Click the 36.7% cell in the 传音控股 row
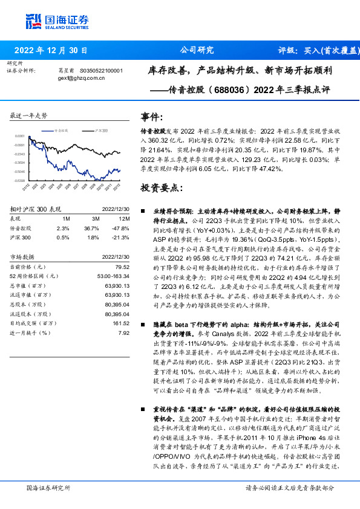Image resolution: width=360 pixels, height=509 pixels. (x=91, y=228)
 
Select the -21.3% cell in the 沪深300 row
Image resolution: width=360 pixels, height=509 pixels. (x=122, y=238)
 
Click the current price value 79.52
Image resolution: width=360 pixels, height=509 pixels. (x=123, y=267)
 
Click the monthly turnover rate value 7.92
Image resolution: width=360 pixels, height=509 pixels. (x=124, y=333)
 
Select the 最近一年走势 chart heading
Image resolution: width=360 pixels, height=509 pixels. (x=28, y=115)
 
